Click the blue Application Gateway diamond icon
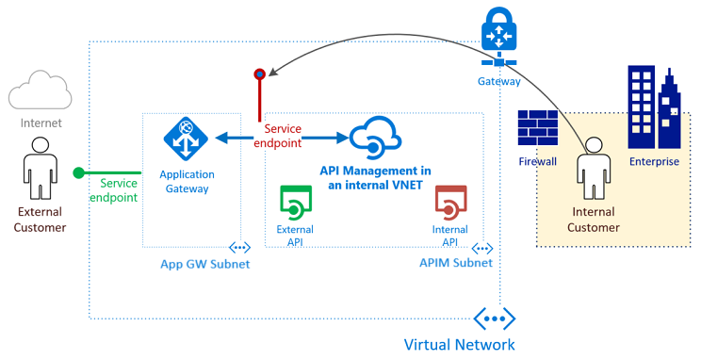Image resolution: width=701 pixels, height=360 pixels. tap(186, 139)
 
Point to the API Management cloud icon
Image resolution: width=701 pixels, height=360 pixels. tap(375, 139)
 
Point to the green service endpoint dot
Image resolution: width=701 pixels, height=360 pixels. tap(80, 172)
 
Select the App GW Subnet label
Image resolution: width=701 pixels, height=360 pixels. tap(205, 264)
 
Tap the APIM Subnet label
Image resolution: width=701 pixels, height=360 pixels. tap(455, 263)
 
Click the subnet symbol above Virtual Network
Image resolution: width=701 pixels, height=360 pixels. tap(494, 317)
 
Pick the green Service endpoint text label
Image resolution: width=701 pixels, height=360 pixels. tap(113, 190)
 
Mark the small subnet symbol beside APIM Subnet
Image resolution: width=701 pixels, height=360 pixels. tap(481, 248)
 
